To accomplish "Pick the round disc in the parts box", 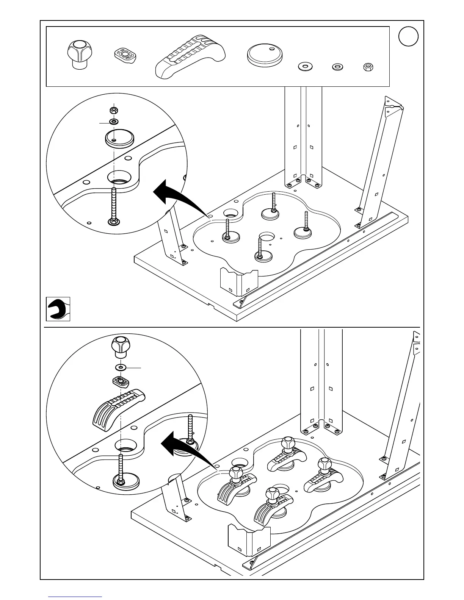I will pos(265,55).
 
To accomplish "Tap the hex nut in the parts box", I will pos(368,67).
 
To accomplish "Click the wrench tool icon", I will pos(58,309).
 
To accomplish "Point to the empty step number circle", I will pos(408,37).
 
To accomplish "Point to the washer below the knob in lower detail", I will pos(121,367).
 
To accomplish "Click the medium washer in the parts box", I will pos(337,67).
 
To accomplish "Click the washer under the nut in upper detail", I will pos(113,122).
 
